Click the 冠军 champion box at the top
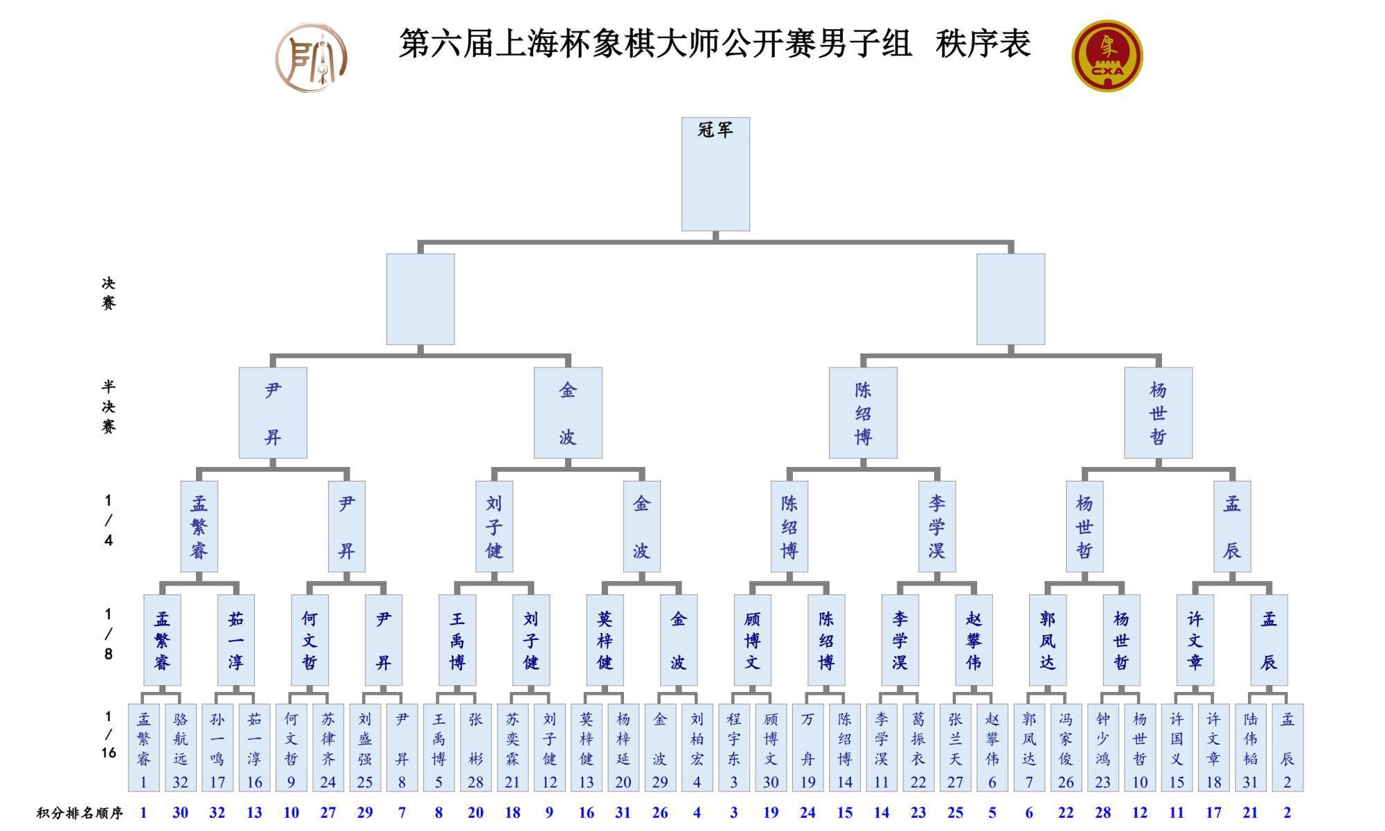coord(715,174)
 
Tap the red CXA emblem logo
coord(1107,56)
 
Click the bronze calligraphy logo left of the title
coord(312,57)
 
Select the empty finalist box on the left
coord(420,299)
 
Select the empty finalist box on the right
coord(1010,299)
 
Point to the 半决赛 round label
coord(109,407)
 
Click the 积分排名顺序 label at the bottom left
coord(80,813)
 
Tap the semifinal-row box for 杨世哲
coord(1158,412)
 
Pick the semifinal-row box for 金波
coord(568,412)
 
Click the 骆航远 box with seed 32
coord(180,747)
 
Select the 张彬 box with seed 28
coord(476,747)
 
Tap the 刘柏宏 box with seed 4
coord(697,747)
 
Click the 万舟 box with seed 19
coord(807,747)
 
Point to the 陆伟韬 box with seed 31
coord(1250,747)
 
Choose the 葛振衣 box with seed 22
coord(918,747)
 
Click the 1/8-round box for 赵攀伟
coord(974,640)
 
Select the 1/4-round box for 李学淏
coord(937,527)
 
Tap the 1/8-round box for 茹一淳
coord(235,640)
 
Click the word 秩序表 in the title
coord(983,44)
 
